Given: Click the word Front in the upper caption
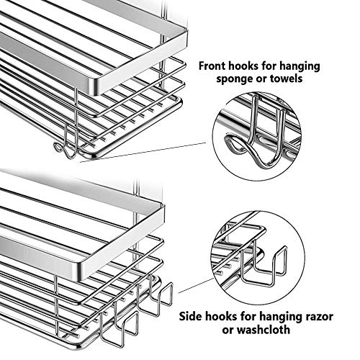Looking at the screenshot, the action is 212,66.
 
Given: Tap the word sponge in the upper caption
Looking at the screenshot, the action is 231,79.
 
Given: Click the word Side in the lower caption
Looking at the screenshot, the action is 189,316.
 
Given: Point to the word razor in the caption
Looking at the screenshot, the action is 319,317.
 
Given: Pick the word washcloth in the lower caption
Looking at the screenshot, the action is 264,329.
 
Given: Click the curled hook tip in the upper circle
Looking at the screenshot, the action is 228,142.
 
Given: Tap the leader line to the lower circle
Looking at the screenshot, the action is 196,285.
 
